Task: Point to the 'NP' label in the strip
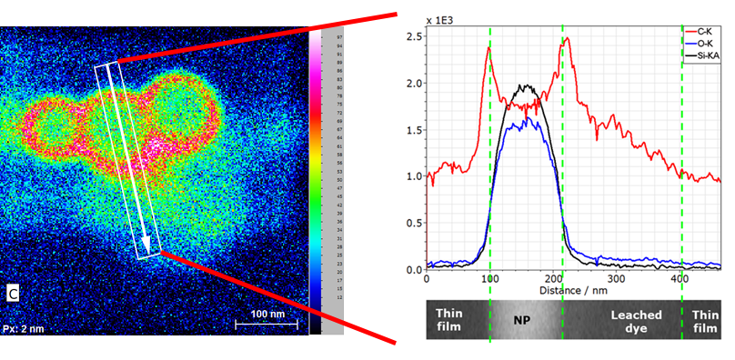522,320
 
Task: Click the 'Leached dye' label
629,321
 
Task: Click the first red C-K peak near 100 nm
488,48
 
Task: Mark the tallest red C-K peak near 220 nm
568,38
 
